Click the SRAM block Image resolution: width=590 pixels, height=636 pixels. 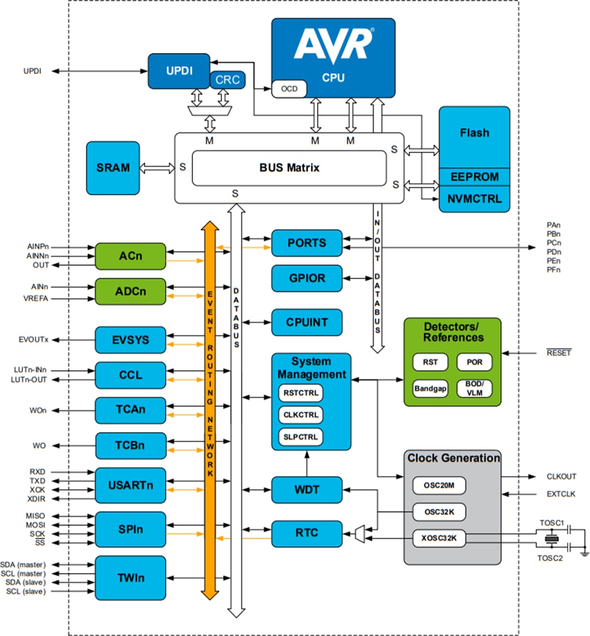(x=113, y=168)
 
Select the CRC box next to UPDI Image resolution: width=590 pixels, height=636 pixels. (x=227, y=80)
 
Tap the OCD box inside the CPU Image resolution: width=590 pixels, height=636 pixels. (x=289, y=89)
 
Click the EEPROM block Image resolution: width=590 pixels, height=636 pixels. (x=474, y=177)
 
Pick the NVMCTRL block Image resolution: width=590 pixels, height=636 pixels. (x=474, y=199)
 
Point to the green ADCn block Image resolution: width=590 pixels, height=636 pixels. (x=131, y=292)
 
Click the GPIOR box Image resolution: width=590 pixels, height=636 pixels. (x=307, y=278)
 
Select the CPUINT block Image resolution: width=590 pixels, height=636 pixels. (x=307, y=323)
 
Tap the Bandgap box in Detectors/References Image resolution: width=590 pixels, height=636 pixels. (x=430, y=389)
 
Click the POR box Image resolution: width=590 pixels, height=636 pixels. (x=474, y=362)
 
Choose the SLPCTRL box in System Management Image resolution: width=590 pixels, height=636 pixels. (x=300, y=437)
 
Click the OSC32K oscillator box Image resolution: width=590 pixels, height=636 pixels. (x=439, y=512)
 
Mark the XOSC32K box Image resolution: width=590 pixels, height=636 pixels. (x=439, y=538)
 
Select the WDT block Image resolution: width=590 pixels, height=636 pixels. (x=307, y=490)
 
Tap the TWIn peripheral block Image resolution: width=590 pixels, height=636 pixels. (x=131, y=578)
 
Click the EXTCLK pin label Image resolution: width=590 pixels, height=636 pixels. (x=561, y=494)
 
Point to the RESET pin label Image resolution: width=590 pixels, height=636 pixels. (x=558, y=353)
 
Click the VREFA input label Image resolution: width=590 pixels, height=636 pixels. (x=36, y=299)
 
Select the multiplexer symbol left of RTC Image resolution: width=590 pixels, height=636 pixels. (x=359, y=534)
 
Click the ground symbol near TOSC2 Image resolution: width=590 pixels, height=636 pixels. (x=584, y=554)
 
